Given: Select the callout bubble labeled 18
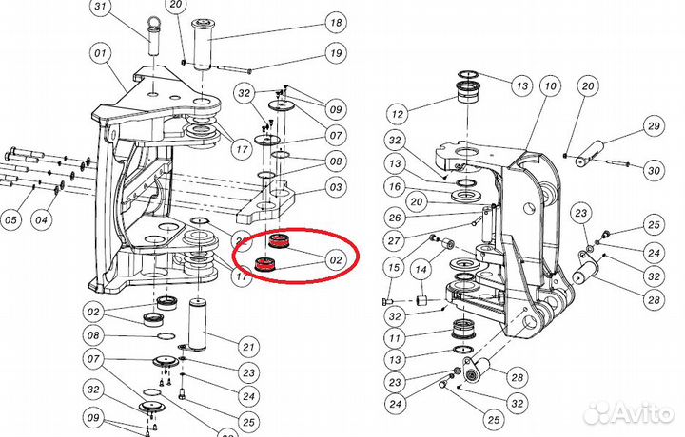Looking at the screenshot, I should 309,22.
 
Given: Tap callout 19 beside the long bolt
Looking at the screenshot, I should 309,53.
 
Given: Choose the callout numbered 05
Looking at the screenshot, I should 10,221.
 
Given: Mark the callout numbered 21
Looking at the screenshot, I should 249,345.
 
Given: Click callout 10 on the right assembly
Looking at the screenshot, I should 549,87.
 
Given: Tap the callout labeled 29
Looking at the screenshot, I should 653,126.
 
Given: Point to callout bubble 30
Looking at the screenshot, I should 653,171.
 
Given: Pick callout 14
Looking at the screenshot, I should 420,271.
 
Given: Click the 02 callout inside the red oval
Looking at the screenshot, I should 335,257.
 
